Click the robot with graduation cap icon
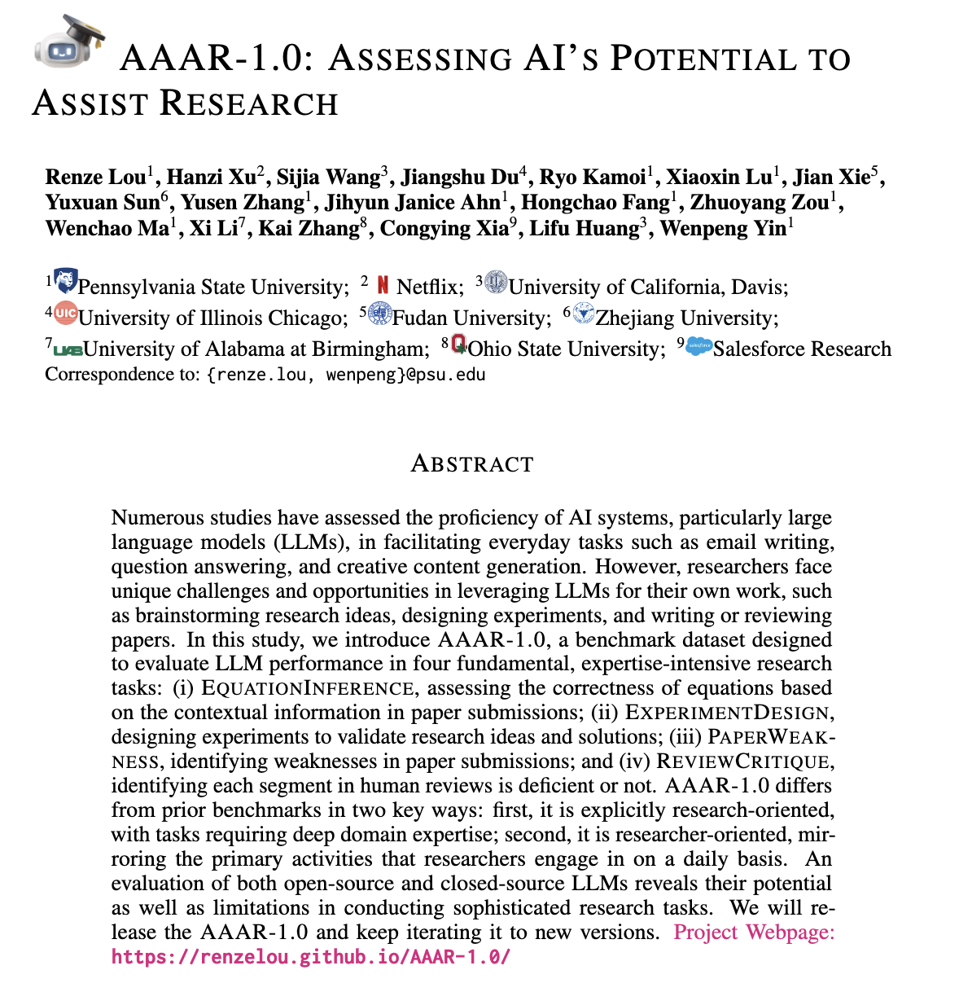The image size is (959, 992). click(70, 42)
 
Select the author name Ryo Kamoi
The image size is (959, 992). click(593, 177)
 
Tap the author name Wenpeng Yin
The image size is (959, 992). click(723, 228)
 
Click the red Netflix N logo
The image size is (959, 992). click(383, 285)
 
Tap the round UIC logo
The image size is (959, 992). click(65, 314)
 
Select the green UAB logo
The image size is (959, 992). click(68, 350)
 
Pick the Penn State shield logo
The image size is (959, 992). click(65, 282)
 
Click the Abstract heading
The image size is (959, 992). click(472, 464)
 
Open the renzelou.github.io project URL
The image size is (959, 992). click(311, 956)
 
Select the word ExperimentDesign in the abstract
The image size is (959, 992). click(728, 713)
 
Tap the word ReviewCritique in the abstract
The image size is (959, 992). click(742, 762)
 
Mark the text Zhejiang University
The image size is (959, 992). click(686, 318)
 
